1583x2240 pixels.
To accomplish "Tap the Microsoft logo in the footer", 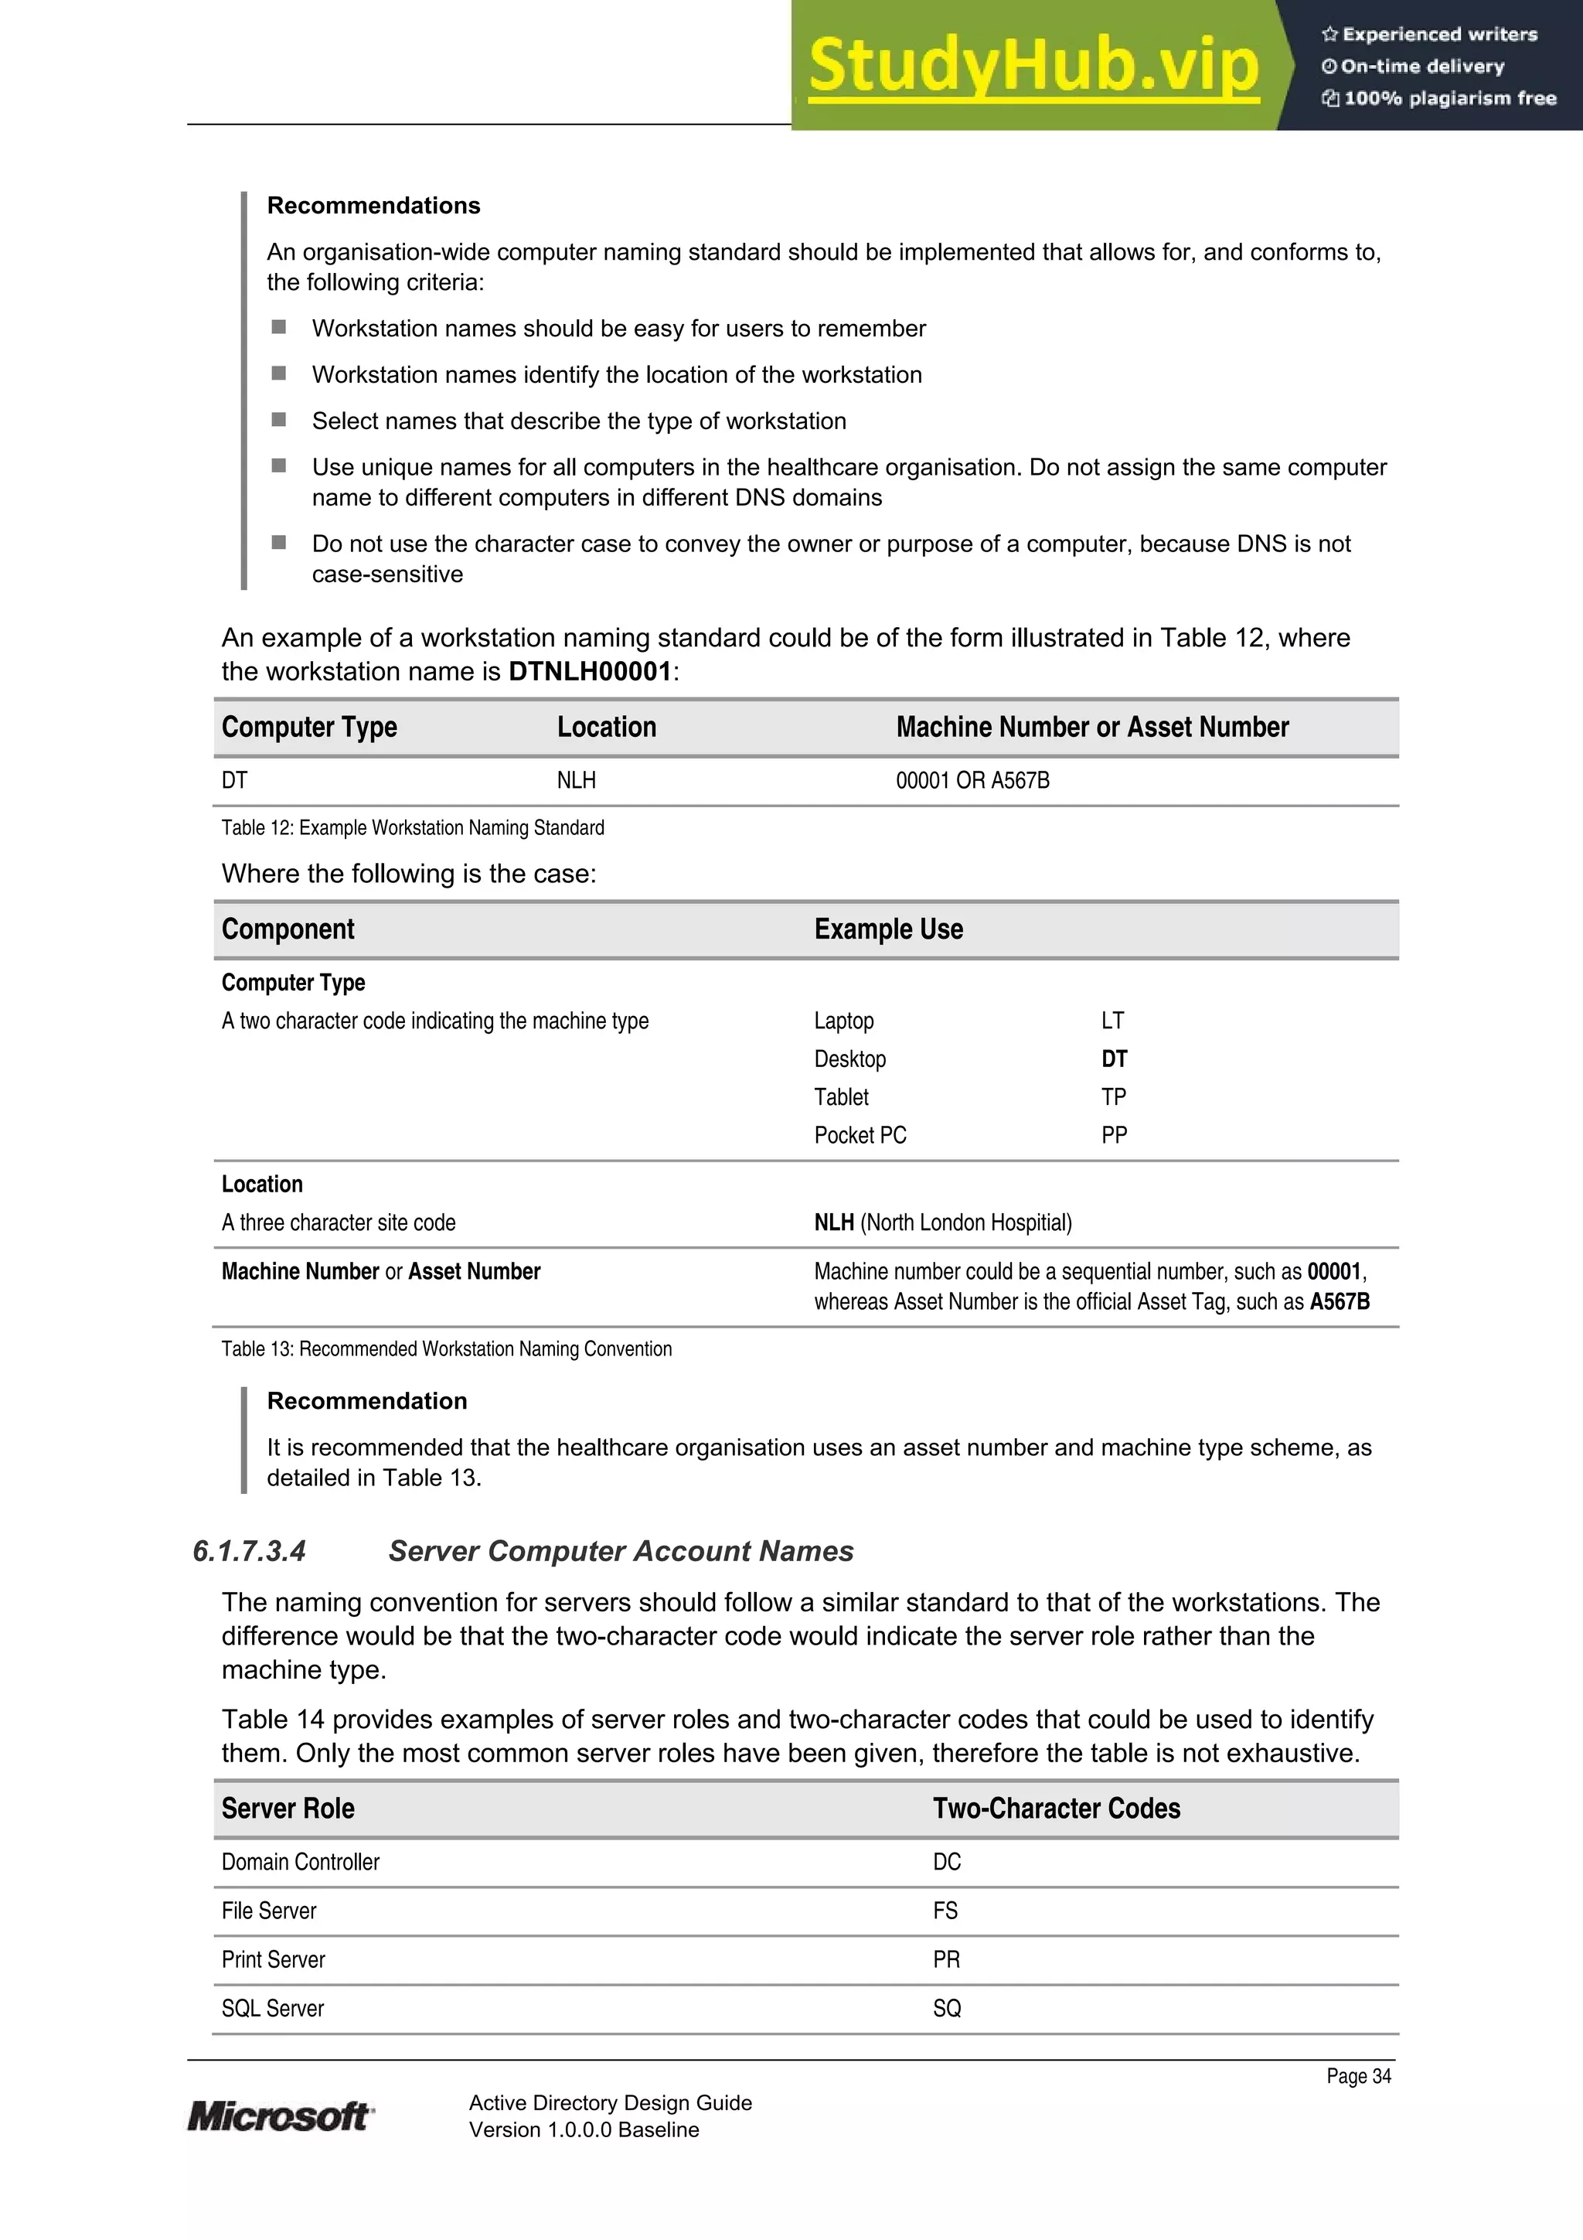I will tap(280, 2116).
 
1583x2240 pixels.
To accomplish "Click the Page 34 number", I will tap(1358, 2076).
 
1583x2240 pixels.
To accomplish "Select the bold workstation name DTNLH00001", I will tap(590, 671).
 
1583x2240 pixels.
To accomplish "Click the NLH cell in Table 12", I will tap(577, 780).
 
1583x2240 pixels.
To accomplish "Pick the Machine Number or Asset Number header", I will tap(1091, 727).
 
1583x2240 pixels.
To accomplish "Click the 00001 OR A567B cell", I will tap(972, 780).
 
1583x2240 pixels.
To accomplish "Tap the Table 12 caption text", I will tap(413, 827).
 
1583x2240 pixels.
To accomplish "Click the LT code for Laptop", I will tap(1112, 1021).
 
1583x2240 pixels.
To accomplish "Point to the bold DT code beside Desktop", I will tap(1114, 1059).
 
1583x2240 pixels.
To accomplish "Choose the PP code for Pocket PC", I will tap(1114, 1134).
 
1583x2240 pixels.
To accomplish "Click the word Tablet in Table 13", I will tap(841, 1096).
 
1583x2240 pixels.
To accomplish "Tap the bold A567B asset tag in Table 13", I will tap(1340, 1301).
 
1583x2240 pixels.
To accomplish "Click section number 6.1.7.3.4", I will tap(250, 1551).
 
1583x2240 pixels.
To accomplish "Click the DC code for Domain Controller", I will tap(946, 1861).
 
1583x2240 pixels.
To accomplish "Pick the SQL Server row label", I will tap(272, 2008).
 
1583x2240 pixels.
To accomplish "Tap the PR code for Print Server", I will tap(946, 1959).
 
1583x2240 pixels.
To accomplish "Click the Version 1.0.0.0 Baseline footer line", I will tap(584, 2129).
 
